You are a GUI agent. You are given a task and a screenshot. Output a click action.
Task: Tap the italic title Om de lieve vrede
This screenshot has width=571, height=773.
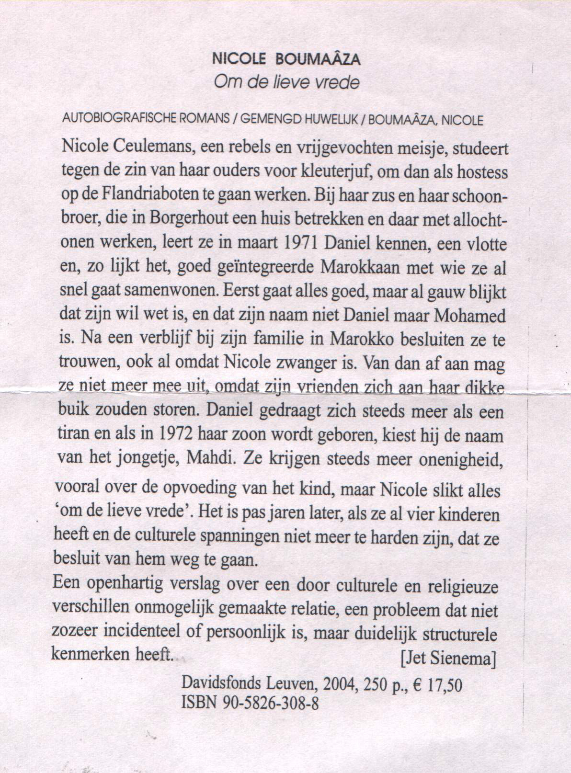tap(286, 82)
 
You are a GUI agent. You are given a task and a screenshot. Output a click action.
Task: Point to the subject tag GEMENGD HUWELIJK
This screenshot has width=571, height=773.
tap(298, 119)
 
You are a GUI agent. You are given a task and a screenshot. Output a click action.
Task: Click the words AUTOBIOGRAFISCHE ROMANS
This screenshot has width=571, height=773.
tap(146, 119)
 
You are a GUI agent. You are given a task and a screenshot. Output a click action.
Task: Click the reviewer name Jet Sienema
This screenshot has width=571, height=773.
tap(447, 659)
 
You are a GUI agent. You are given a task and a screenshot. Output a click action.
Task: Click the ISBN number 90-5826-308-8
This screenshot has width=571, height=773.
tap(271, 703)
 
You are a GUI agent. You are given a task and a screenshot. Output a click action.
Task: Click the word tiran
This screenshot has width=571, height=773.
tap(73, 434)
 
